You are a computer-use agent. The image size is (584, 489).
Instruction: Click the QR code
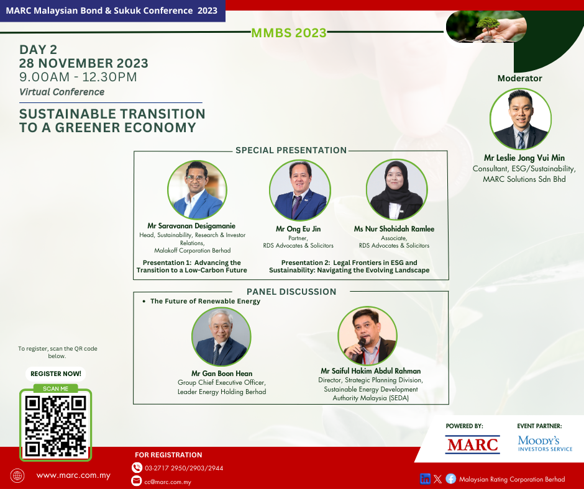point(55,426)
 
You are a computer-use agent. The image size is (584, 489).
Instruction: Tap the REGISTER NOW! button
point(55,374)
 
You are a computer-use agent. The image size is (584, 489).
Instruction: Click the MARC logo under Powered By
point(472,445)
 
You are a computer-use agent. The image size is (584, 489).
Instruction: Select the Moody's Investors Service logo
point(545,444)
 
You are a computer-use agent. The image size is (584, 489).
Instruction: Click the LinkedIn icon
point(425,479)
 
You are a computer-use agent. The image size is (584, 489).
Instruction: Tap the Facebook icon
point(450,479)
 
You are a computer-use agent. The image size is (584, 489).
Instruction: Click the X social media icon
point(438,479)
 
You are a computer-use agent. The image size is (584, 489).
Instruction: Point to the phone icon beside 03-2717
point(137,467)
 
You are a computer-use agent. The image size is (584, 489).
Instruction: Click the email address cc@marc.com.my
point(168,482)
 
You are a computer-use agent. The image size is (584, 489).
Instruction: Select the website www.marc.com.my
point(73,475)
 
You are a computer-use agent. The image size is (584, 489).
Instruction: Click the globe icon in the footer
point(17,475)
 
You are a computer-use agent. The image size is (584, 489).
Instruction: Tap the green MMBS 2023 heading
point(289,33)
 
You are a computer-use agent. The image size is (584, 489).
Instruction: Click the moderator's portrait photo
point(520,119)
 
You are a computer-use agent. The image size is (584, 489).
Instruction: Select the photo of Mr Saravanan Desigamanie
point(197,190)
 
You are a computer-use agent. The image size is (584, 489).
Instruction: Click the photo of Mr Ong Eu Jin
point(300,190)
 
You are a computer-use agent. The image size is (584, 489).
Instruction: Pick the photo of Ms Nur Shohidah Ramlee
point(396,190)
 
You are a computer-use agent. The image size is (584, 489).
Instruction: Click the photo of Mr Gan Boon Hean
point(221,336)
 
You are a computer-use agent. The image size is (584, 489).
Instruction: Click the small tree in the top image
point(488,25)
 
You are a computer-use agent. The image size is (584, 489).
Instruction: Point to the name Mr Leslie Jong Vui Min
point(524,158)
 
